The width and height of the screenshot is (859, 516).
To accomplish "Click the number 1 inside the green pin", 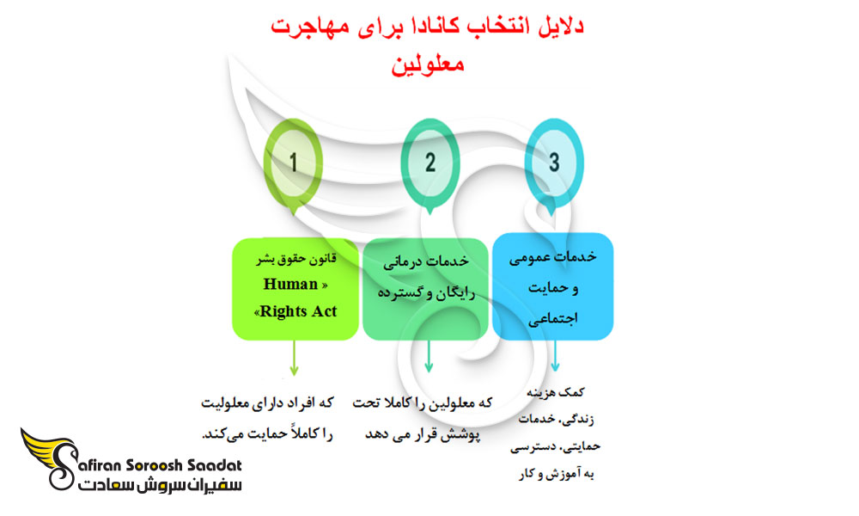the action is click(293, 163).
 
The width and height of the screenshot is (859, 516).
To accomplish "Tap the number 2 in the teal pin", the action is click(430, 163).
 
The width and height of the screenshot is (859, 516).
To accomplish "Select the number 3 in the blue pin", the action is click(554, 163).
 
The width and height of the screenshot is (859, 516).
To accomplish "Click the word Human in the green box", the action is click(290, 284).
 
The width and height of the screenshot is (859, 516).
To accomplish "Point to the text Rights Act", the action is click(298, 311).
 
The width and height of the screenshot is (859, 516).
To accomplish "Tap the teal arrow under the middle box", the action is click(429, 356).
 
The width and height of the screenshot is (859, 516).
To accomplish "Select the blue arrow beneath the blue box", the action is click(555, 356).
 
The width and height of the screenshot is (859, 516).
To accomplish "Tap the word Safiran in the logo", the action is click(96, 465).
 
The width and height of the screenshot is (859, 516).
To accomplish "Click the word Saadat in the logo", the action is click(214, 465).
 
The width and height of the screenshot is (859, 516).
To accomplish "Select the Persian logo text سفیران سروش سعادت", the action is click(160, 485).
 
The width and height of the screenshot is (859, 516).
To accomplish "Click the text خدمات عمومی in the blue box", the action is click(552, 257).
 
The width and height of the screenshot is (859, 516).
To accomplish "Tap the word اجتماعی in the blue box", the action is click(552, 318).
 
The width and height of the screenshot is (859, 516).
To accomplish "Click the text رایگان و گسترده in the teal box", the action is click(426, 292).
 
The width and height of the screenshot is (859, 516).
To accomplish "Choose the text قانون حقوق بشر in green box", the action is click(295, 258).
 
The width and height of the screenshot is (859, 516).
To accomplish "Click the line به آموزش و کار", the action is click(556, 474).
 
